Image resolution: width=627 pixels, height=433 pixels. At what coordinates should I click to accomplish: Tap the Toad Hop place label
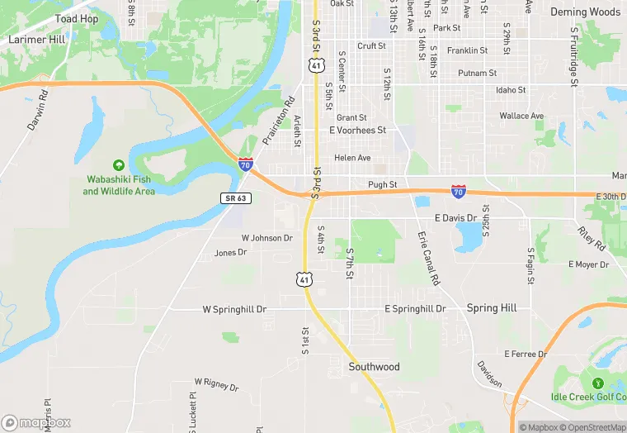(76, 19)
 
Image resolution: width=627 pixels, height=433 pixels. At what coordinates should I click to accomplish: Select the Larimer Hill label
(35, 39)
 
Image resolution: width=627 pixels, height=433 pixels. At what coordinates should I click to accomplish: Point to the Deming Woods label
(586, 12)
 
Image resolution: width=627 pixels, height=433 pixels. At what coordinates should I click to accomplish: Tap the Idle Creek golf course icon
(596, 383)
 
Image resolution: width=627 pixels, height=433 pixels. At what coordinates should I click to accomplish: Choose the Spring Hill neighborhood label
(492, 308)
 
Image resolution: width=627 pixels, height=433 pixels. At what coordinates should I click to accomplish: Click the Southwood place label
(374, 367)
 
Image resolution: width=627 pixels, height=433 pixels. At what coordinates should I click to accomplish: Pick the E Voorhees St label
(357, 131)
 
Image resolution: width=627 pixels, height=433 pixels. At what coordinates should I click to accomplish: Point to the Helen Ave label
(352, 158)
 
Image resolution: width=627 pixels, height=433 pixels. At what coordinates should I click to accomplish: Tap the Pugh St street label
(383, 185)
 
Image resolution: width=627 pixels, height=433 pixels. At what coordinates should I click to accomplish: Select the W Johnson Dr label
(266, 238)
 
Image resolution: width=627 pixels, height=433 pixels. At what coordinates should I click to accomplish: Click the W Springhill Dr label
(235, 310)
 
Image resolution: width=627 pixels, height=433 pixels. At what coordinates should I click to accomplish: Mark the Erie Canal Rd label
(428, 259)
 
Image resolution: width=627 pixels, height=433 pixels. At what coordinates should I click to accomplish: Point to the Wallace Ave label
(521, 116)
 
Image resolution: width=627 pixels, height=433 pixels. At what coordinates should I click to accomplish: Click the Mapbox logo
(36, 422)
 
